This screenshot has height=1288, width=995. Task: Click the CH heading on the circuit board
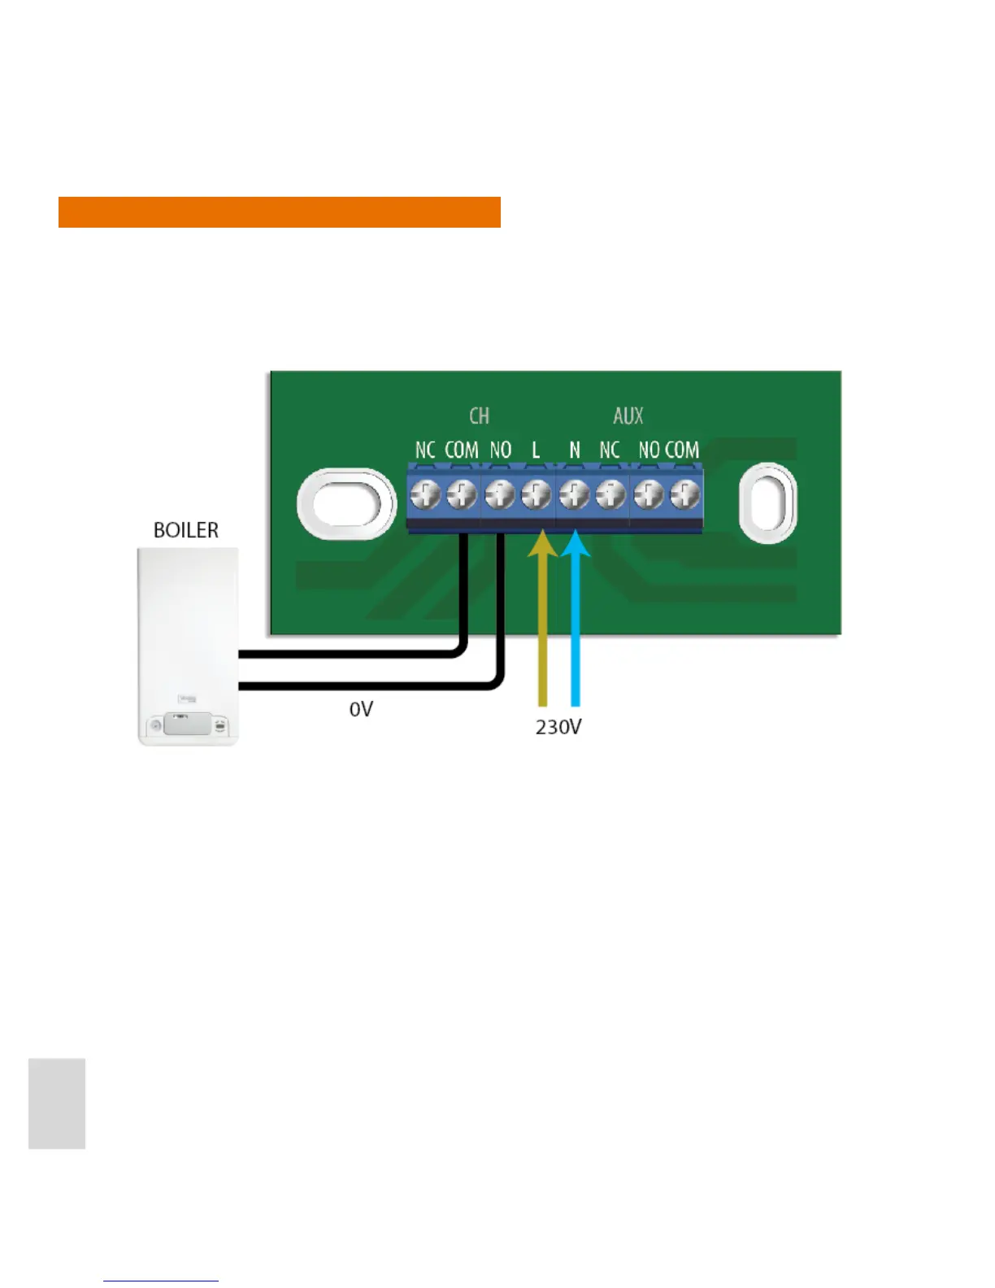pyautogui.click(x=480, y=416)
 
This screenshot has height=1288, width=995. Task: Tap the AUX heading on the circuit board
pyautogui.click(x=628, y=416)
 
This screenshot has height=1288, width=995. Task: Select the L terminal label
pyautogui.click(x=536, y=450)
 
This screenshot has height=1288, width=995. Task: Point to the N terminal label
pyautogui.click(x=575, y=450)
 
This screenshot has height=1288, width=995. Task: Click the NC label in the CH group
pyautogui.click(x=425, y=450)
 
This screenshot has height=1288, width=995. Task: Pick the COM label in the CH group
pyautogui.click(x=462, y=450)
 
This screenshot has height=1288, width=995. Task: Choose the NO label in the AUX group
pyautogui.click(x=649, y=450)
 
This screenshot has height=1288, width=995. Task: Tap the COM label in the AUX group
pyautogui.click(x=682, y=450)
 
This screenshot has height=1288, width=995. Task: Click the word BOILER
pyautogui.click(x=186, y=530)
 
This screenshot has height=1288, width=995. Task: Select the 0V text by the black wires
pyautogui.click(x=361, y=709)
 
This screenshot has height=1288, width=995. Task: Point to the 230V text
pyautogui.click(x=558, y=726)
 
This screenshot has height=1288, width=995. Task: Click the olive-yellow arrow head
pyautogui.click(x=542, y=544)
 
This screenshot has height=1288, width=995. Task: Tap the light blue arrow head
pyautogui.click(x=576, y=544)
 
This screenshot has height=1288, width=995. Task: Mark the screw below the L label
pyautogui.click(x=536, y=494)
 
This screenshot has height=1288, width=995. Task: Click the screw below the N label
pyautogui.click(x=574, y=494)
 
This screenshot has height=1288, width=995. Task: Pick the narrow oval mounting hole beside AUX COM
pyautogui.click(x=767, y=503)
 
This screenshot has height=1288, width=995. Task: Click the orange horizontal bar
pyautogui.click(x=279, y=212)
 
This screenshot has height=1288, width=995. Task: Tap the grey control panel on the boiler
pyautogui.click(x=187, y=723)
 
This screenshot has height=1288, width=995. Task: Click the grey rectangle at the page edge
pyautogui.click(x=57, y=1103)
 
